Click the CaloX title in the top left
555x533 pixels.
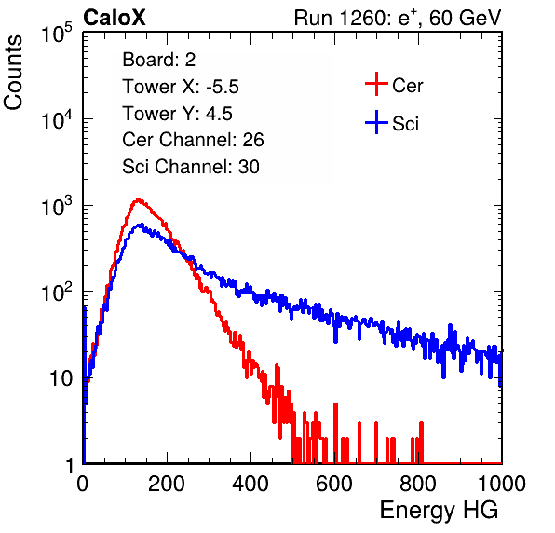coord(115,18)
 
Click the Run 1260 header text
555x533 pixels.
coord(398,18)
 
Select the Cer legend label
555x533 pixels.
coord(407,86)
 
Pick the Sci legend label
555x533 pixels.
coord(406,124)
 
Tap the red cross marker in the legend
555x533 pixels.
coord(376,84)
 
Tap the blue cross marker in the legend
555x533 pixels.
coord(376,122)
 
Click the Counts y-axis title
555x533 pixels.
coord(13,73)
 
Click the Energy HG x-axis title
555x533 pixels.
coord(439,511)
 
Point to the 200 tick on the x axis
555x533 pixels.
coord(167,484)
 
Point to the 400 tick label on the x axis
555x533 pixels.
coord(250,484)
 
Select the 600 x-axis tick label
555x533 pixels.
coord(334,484)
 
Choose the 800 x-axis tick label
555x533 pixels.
coord(418,484)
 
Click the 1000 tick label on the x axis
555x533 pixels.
coord(502,484)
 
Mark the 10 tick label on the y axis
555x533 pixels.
coord(61,378)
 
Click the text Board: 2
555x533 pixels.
coord(159,60)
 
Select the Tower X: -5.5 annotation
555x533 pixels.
coord(181,87)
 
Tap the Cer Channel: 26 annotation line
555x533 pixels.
coord(193,140)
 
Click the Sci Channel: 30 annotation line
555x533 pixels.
coord(191,167)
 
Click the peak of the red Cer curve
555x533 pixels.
coord(138,199)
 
